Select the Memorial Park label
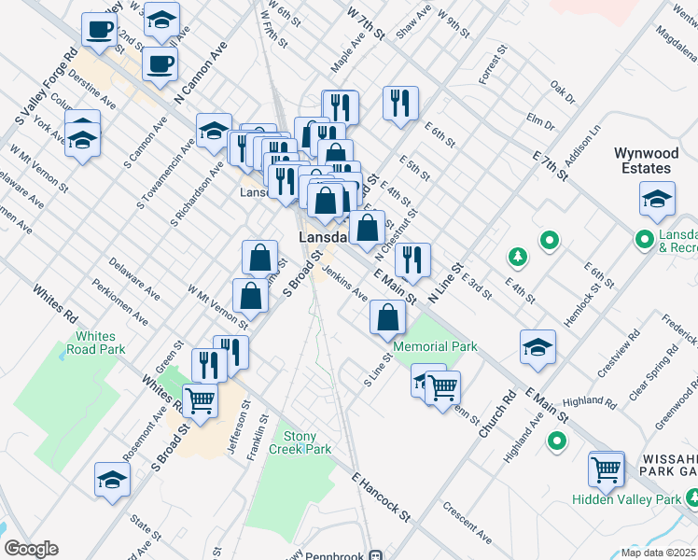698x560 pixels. (x=435, y=346)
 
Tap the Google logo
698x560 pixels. (x=31, y=549)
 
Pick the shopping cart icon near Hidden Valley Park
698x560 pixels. (x=607, y=469)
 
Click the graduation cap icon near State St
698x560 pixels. (x=113, y=480)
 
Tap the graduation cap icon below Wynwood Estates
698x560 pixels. (x=657, y=199)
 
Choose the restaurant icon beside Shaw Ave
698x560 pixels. (x=400, y=103)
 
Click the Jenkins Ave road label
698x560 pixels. (x=344, y=280)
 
